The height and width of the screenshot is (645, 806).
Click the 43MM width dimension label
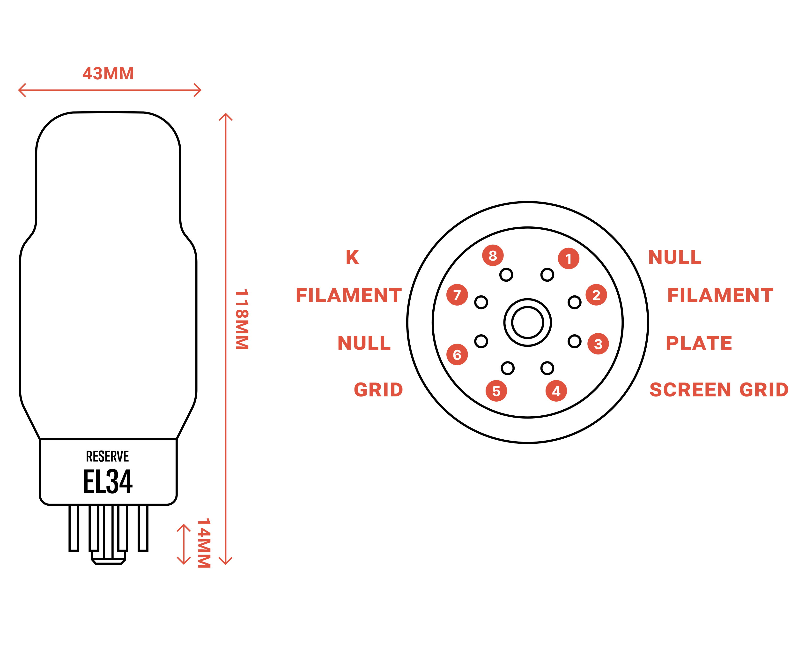click(108, 74)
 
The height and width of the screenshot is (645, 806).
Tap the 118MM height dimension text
click(242, 319)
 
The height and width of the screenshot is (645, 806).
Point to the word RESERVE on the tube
click(108, 456)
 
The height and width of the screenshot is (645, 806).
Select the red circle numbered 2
click(596, 295)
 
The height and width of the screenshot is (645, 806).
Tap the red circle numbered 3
click(598, 344)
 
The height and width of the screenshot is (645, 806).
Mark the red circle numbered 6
click(457, 354)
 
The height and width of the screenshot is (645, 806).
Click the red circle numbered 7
click(457, 295)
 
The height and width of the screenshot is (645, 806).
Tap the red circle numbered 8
click(493, 255)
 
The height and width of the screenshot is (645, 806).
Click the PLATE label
click(699, 343)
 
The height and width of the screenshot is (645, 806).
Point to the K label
click(352, 257)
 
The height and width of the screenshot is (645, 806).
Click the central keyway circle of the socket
click(527, 322)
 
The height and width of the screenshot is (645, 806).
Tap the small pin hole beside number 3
click(575, 341)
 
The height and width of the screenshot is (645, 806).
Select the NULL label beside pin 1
click(675, 257)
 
